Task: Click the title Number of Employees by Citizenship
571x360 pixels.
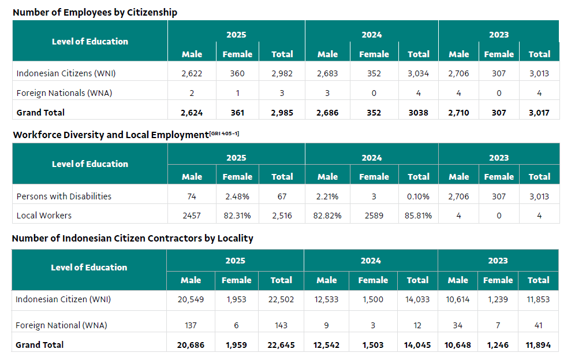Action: click(x=95, y=12)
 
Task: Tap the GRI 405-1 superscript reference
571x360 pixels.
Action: click(x=225, y=133)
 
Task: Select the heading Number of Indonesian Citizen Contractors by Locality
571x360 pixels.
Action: click(x=133, y=238)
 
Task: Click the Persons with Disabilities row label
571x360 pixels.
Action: click(x=64, y=196)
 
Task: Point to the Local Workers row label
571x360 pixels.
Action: click(x=44, y=216)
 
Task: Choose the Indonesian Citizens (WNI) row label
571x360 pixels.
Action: click(x=66, y=73)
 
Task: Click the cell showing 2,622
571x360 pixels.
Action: click(x=192, y=73)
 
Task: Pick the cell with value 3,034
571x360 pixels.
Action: click(x=419, y=73)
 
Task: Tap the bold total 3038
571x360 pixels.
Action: click(x=419, y=113)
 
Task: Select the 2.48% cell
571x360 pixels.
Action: click(x=237, y=196)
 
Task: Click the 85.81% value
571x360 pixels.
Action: click(x=419, y=216)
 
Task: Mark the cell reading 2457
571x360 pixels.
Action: click(x=192, y=216)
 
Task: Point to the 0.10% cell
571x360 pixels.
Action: click(x=419, y=196)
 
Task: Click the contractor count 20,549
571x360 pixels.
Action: click(x=191, y=299)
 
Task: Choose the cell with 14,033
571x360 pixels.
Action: click(x=417, y=299)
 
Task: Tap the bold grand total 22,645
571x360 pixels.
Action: click(x=281, y=345)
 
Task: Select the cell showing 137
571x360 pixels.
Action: click(x=191, y=325)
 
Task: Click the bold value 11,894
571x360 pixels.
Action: click(x=538, y=345)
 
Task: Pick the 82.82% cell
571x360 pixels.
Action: click(x=327, y=216)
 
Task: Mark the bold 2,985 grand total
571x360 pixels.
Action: click(x=282, y=113)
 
